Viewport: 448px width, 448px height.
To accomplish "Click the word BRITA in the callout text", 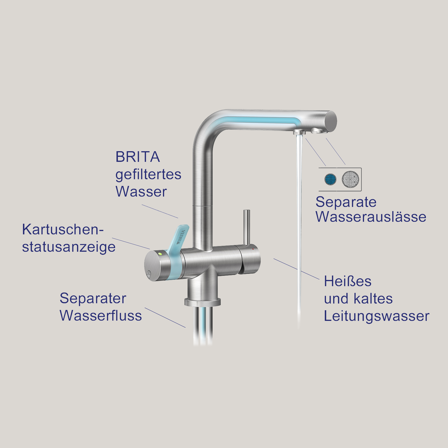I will tap(137, 157).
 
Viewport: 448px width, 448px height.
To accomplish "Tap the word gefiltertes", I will tap(148, 175).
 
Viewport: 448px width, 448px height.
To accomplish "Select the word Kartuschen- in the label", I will tap(63, 230).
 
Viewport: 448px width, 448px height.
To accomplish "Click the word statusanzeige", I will tap(69, 247).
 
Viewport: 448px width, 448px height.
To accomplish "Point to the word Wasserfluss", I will tap(101, 316).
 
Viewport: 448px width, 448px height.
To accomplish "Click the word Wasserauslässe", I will tap(371, 217).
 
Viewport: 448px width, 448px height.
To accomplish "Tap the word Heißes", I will tap(347, 281).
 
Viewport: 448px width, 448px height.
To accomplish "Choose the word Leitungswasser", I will tap(376, 316).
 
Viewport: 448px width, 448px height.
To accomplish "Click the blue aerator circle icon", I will tap(330, 179).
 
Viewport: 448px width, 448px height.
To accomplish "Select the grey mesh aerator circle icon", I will tap(350, 179).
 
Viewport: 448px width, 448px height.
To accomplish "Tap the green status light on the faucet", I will tap(160, 254).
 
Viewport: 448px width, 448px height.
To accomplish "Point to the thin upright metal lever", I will tap(246, 227).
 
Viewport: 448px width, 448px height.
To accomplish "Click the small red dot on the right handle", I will tap(253, 249).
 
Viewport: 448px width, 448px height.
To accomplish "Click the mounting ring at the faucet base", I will tap(202, 302).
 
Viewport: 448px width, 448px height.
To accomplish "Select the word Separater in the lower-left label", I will tap(93, 298).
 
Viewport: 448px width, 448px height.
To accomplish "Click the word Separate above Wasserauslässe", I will tap(346, 202).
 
